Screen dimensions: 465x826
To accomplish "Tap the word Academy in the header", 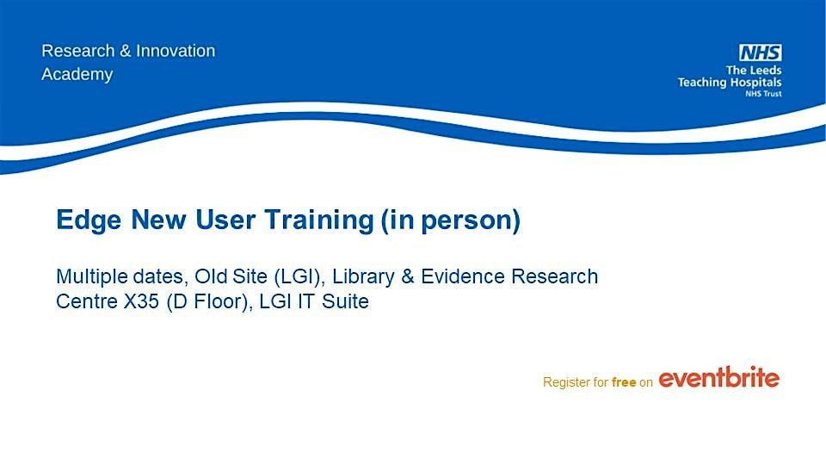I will tap(77, 74).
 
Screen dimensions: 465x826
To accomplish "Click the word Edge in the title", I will tap(79, 221).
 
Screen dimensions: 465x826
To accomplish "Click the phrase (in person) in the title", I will tap(451, 221).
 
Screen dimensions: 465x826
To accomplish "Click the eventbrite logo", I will tap(719, 378).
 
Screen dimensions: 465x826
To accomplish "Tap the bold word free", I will tap(623, 381).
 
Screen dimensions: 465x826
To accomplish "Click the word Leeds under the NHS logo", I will tap(763, 70).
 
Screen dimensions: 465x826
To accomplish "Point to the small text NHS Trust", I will tap(763, 93).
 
